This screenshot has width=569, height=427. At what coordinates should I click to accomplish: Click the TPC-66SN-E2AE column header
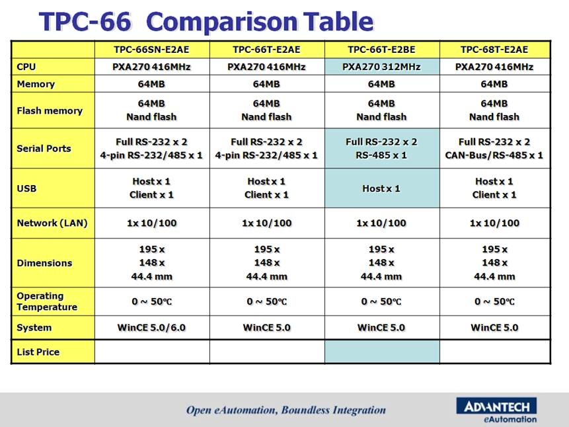(x=152, y=50)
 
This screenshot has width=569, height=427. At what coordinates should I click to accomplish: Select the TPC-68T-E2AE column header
(x=494, y=50)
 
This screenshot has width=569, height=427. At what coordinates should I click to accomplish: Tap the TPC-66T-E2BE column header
(x=381, y=50)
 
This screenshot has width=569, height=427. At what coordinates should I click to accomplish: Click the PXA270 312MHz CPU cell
(x=381, y=67)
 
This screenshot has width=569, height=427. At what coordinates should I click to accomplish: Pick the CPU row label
(x=26, y=67)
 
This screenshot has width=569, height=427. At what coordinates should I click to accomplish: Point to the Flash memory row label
(x=50, y=110)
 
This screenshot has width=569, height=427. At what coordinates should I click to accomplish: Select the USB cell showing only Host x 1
(x=381, y=188)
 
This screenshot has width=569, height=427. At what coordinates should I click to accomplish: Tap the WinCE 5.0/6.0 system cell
(x=152, y=327)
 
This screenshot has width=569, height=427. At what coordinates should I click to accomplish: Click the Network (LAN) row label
(x=52, y=223)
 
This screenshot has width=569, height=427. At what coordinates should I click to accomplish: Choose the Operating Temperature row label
(x=47, y=301)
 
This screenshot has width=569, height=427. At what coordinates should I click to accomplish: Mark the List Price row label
(x=38, y=352)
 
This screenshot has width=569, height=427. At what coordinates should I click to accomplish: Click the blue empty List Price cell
(x=382, y=352)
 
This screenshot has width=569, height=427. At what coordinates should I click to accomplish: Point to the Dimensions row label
(x=44, y=263)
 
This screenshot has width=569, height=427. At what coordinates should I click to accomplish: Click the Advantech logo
(x=496, y=410)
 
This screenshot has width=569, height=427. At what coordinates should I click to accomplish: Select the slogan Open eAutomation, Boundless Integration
(x=286, y=410)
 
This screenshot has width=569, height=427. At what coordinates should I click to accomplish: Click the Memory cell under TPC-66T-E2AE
(x=267, y=84)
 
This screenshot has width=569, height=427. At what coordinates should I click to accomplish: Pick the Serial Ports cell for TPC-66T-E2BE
(x=381, y=149)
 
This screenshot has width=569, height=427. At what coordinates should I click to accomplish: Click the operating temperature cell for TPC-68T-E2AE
(x=494, y=301)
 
